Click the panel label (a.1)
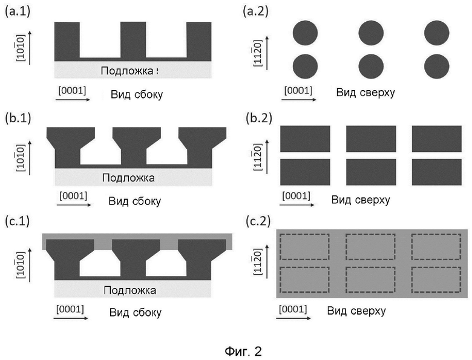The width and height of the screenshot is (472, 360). [18, 11]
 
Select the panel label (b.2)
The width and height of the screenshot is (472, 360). [259, 118]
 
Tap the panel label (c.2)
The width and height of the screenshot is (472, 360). [258, 221]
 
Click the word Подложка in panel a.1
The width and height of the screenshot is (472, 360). [127, 71]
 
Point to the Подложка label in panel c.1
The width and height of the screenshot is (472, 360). [129, 290]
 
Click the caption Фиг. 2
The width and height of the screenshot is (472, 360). [243, 351]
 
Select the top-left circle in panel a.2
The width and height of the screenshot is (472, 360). [305, 33]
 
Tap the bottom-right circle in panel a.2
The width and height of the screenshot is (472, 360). [437, 66]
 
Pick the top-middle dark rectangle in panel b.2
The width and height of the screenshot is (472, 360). [371, 139]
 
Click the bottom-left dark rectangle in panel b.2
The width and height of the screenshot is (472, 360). [305, 172]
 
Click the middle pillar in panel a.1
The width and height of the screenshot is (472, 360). [133, 41]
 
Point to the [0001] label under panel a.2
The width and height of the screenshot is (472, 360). [298, 90]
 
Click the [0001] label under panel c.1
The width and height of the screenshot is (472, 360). [70, 309]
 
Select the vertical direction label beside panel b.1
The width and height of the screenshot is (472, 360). [21, 158]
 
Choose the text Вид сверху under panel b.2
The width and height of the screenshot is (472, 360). [361, 200]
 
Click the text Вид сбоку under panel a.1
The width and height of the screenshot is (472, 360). [137, 94]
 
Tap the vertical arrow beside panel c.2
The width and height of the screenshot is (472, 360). [267, 261]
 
